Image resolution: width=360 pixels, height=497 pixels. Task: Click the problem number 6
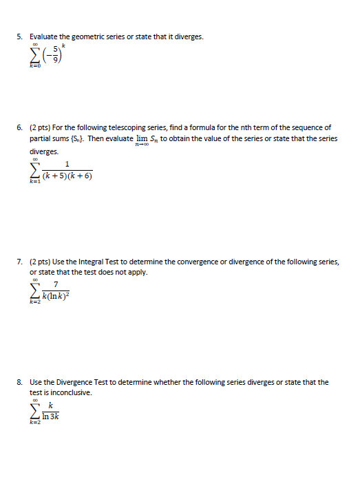21,127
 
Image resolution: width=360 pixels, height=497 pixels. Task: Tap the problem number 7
21,262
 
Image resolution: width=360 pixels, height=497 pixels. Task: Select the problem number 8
21,382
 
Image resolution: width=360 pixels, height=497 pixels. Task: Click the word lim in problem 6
142,138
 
